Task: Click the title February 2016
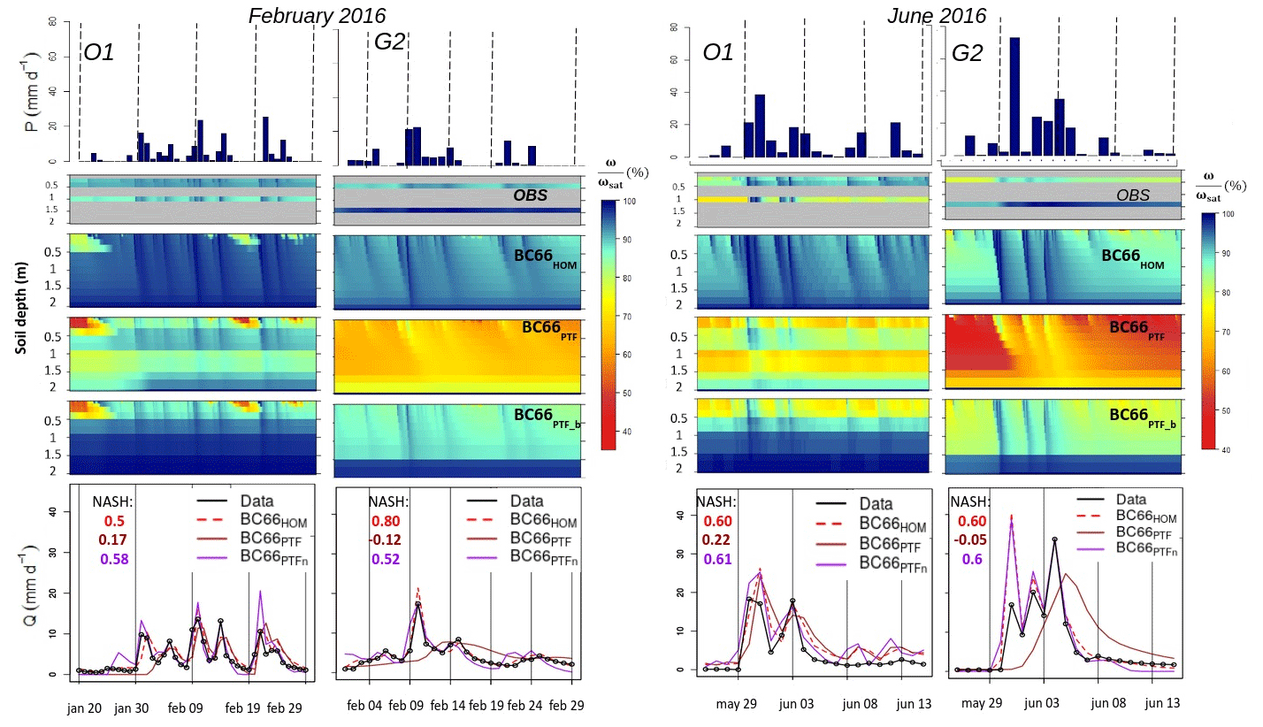pos(317,15)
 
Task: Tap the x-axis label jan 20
pos(86,708)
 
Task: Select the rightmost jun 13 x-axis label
pos(1161,704)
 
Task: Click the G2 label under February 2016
pos(383,52)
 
